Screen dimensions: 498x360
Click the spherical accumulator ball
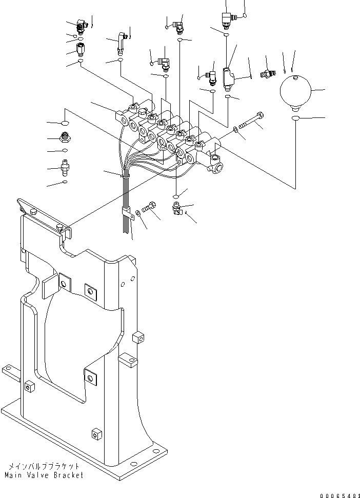pos(295,92)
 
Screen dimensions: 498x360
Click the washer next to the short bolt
pos(139,212)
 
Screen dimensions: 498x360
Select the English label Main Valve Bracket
pos(44,475)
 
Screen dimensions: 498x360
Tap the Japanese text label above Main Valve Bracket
pos(44,466)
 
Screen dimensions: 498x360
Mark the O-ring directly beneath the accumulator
pos(296,119)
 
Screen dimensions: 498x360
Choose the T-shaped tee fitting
pos(229,74)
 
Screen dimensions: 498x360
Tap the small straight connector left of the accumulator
pos(266,74)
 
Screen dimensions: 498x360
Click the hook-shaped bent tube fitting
pos(119,42)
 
